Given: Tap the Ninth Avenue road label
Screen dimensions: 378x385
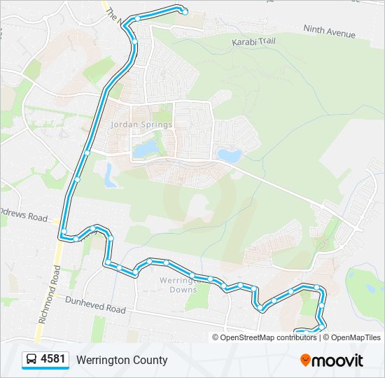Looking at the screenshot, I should [x=329, y=31].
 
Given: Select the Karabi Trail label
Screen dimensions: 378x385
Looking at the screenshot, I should [x=253, y=42].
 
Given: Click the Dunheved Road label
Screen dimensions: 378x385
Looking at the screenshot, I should [x=95, y=304].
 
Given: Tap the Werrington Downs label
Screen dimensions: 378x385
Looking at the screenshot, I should [x=173, y=284].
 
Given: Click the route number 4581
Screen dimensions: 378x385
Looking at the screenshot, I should [x=53, y=360].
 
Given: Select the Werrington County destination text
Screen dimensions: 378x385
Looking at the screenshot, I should [x=122, y=360].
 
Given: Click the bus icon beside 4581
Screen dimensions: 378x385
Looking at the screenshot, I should [x=31, y=360].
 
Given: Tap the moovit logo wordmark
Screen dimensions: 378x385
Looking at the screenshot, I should [x=337, y=360].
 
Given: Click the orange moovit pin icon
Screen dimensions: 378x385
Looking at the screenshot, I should [x=305, y=360].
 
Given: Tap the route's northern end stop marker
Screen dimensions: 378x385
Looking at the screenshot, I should [x=184, y=11].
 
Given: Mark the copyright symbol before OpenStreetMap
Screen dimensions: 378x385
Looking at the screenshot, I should [x=216, y=337].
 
